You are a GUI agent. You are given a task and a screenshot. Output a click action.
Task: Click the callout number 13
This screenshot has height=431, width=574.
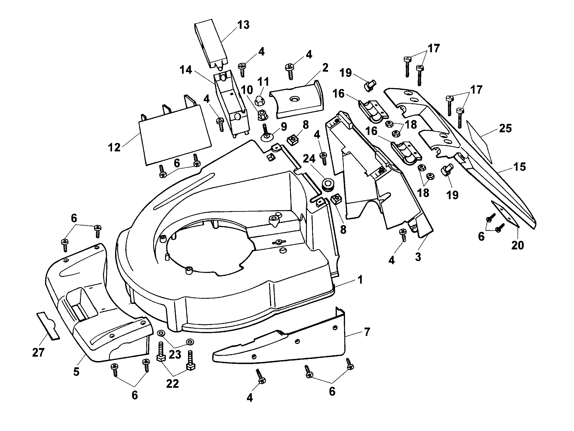pos(243,25)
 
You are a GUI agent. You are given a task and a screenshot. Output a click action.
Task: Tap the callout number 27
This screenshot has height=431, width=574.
pos(38,353)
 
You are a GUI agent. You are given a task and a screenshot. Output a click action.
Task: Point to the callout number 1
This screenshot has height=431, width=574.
pos(360,280)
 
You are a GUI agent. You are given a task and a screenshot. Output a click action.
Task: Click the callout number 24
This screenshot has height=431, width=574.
pos(309,159)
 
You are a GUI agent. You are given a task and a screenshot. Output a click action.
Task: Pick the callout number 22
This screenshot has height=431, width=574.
pos(172,384)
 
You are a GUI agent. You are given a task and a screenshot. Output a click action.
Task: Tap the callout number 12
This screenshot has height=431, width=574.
pos(114,148)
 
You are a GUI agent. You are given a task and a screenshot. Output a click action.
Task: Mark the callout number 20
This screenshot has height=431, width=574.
pos(518,245)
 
